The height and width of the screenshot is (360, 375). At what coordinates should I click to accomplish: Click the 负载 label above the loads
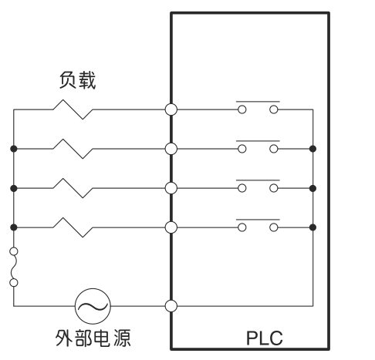click(77, 80)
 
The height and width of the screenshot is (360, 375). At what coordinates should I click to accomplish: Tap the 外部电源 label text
click(93, 338)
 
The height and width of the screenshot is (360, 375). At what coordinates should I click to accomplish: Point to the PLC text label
click(265, 338)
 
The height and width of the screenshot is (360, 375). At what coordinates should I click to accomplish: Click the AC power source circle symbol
click(93, 306)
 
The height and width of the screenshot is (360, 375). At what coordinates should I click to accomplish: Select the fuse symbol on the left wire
click(14, 267)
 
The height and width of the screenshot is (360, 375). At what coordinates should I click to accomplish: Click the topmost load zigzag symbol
click(73, 109)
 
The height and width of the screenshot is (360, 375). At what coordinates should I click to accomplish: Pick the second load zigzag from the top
click(73, 149)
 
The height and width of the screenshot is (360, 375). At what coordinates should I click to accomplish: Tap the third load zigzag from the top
click(73, 188)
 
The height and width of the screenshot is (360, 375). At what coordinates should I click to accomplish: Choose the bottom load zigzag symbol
click(73, 227)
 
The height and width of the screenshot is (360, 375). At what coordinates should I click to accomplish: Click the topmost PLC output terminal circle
click(171, 109)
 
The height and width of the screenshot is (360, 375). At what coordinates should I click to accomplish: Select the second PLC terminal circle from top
click(171, 149)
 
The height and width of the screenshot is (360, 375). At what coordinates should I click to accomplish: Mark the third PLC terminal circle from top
click(171, 188)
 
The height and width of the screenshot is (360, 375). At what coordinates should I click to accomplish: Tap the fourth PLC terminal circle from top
click(171, 227)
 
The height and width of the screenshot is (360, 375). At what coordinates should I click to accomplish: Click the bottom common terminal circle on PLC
click(171, 306)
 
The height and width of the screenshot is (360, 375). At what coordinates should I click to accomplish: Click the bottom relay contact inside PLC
click(258, 225)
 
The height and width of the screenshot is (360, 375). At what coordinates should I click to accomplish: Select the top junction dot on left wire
click(14, 149)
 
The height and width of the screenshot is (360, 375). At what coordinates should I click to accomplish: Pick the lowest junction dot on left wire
click(14, 227)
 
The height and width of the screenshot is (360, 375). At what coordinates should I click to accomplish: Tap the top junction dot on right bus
click(312, 149)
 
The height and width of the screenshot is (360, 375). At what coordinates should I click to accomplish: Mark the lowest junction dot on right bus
click(312, 227)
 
